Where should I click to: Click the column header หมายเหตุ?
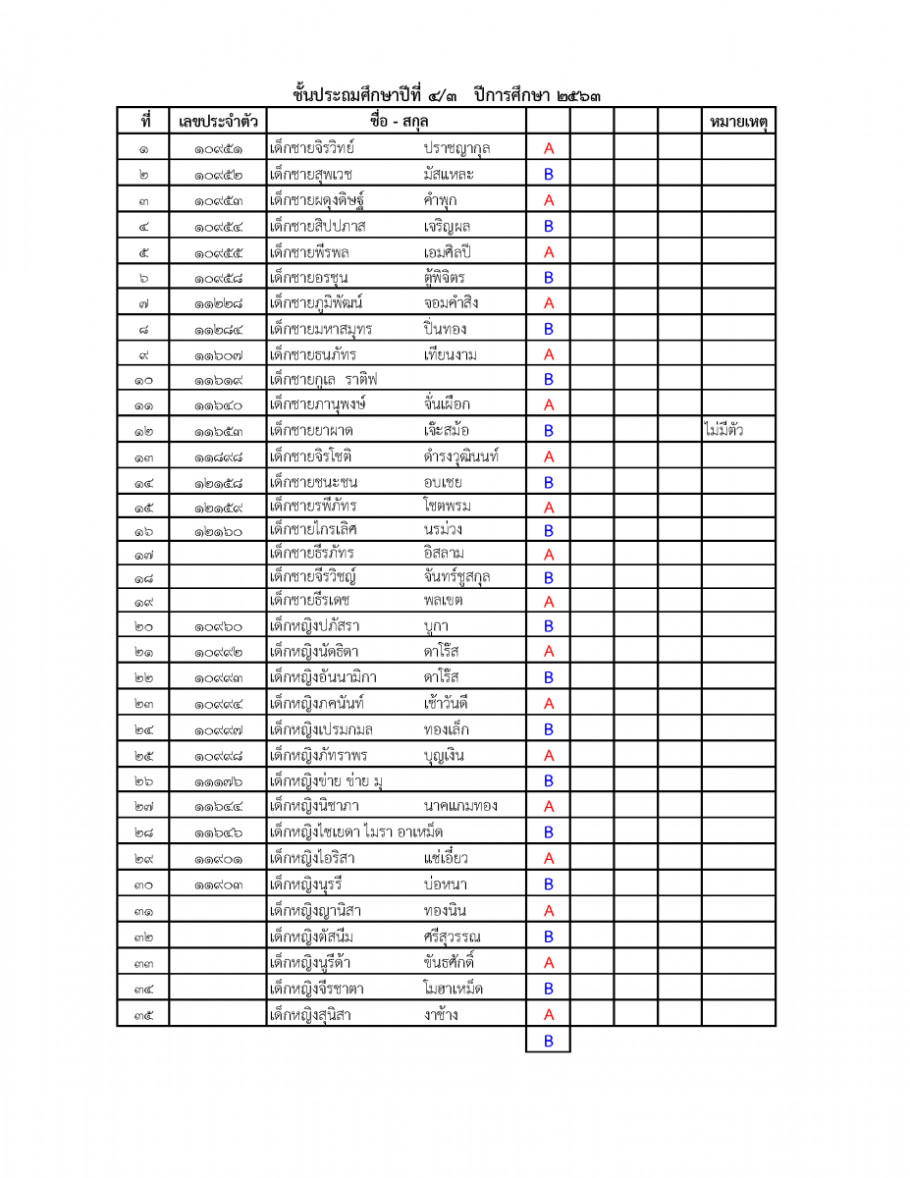737,122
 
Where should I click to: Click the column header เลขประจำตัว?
218,122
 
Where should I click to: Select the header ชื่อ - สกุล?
397,121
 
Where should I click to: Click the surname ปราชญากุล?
456,148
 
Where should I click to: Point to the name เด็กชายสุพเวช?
313,174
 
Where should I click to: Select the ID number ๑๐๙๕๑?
218,149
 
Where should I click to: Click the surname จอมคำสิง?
452,302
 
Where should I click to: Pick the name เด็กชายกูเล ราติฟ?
323,379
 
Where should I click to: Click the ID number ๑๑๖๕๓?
218,431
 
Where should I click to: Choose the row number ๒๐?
143,626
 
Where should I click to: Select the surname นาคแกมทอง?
460,806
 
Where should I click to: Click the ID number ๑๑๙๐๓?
218,884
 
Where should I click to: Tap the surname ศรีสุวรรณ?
453,936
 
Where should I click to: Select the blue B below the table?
549,1041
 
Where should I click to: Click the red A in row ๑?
549,149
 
